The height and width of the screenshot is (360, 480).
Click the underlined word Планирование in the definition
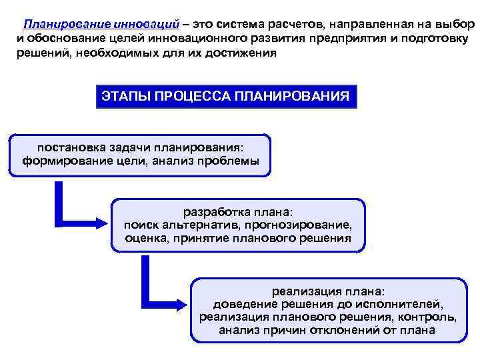click(x=61, y=24)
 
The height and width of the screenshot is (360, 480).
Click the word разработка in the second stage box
click(x=213, y=211)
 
